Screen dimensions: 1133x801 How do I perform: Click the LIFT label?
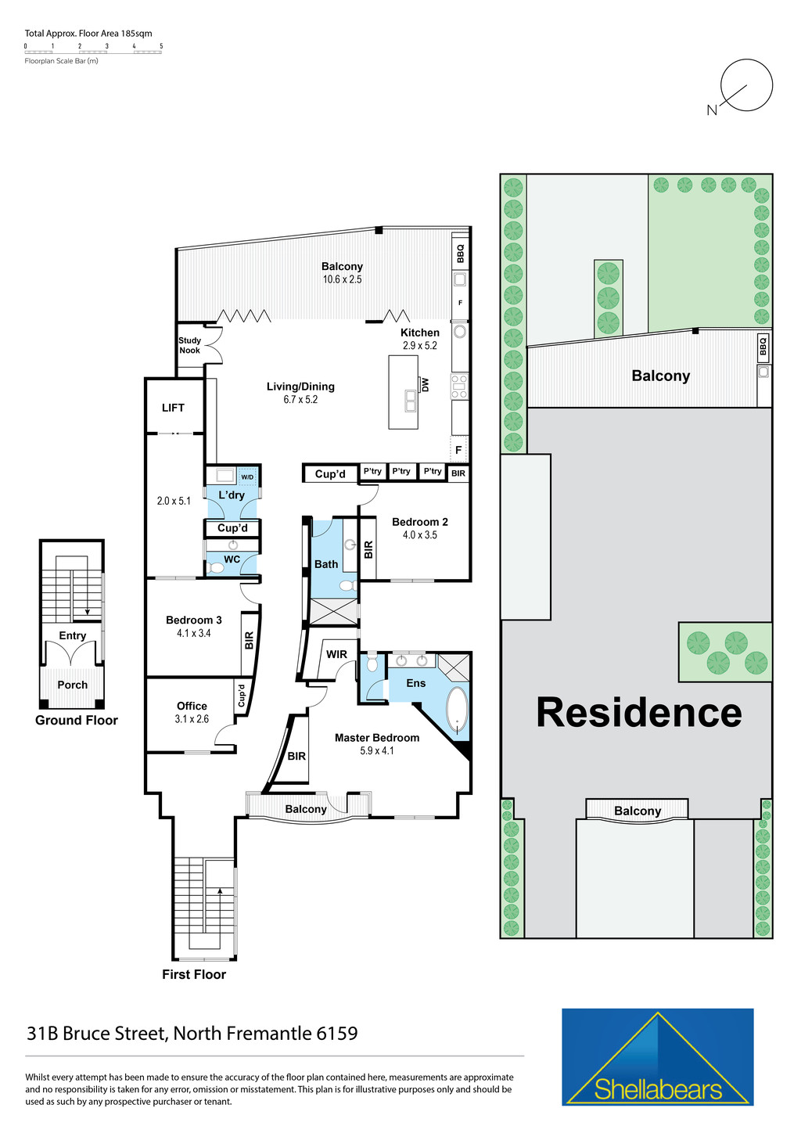[173, 408]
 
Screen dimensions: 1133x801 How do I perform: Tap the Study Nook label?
[189, 345]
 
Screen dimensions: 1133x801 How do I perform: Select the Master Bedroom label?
[376, 738]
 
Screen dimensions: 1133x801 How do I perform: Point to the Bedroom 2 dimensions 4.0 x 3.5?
[420, 535]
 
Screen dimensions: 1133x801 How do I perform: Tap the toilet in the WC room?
[216, 568]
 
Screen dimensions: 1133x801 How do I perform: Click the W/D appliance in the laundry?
[247, 477]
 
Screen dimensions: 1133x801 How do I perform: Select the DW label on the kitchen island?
[426, 385]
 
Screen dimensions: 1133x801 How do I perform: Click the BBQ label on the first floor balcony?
[460, 254]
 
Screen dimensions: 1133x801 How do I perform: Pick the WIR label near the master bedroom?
[336, 654]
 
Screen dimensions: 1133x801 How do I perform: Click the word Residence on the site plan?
[638, 713]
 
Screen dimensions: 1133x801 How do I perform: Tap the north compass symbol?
[745, 87]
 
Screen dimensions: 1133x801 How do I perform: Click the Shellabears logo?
[657, 1057]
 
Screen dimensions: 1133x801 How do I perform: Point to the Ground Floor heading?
[77, 721]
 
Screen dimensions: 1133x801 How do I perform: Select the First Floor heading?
[194, 975]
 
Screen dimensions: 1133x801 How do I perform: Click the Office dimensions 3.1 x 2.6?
[192, 719]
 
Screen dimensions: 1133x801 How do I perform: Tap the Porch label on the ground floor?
[73, 685]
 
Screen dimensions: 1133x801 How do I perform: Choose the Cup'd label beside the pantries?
[330, 474]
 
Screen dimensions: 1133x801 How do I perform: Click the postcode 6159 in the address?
[337, 1034]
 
